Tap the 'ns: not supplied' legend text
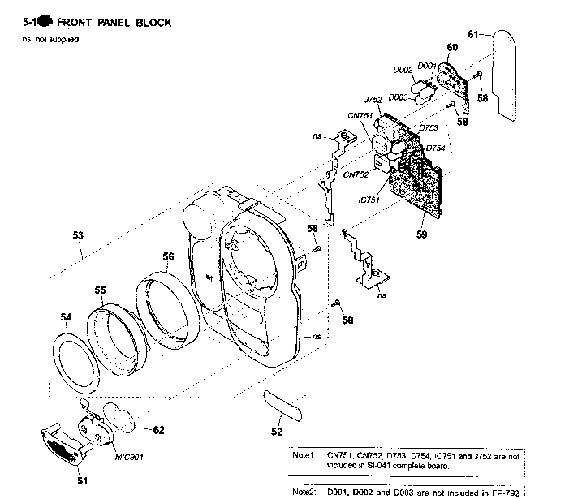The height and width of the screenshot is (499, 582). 50,41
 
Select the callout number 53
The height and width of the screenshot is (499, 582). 78,235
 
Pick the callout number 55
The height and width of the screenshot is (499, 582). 100,290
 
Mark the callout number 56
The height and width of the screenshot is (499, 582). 167,257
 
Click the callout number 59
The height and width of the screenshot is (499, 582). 421,235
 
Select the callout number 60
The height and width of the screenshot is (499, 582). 452,49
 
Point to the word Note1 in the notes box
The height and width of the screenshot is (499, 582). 302,455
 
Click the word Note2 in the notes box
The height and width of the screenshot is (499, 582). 302,492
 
